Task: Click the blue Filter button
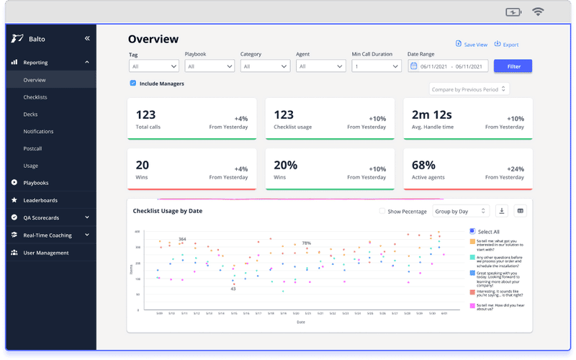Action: tap(513, 66)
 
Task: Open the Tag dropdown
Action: tap(153, 66)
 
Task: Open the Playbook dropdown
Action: tap(210, 66)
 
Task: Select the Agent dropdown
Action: tap(320, 66)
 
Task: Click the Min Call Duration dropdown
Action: tap(376, 66)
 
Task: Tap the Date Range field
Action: tap(448, 66)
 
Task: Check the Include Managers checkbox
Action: tap(133, 84)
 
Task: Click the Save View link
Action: tap(472, 45)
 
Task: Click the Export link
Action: tap(507, 45)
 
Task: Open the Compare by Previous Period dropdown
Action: tap(469, 89)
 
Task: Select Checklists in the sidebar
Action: tap(35, 97)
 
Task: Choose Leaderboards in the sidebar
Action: tap(40, 200)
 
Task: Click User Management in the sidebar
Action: tap(45, 253)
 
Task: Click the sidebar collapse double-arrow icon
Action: tap(87, 39)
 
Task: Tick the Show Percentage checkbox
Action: tap(382, 212)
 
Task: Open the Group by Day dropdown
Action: tap(461, 212)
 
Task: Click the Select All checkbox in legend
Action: tap(472, 231)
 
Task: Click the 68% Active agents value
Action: tap(424, 165)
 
